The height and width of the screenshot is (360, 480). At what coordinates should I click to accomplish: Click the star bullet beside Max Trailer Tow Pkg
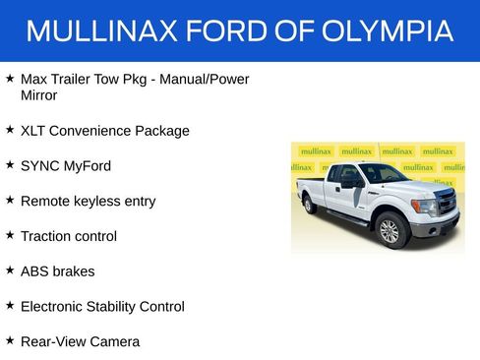pyautogui.click(x=10, y=77)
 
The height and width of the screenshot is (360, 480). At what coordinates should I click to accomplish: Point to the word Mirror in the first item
pyautogui.click(x=38, y=95)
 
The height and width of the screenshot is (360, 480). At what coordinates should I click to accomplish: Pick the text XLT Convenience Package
pyautogui.click(x=104, y=131)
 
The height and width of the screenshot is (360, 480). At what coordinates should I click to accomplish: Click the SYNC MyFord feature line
pyautogui.click(x=65, y=165)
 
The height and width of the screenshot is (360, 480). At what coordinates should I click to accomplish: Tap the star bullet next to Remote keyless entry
pyautogui.click(x=10, y=200)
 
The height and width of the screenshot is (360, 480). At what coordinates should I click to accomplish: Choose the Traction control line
pyautogui.click(x=68, y=236)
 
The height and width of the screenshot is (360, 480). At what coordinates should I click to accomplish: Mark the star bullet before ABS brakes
pyautogui.click(x=10, y=270)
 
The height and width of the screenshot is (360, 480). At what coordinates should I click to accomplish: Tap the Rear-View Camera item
pyautogui.click(x=80, y=341)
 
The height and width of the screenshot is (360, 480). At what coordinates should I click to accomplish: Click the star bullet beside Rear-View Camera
pyautogui.click(x=10, y=340)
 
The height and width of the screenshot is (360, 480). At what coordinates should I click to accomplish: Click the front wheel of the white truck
pyautogui.click(x=390, y=230)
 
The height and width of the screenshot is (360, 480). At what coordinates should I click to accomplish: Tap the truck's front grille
pyautogui.click(x=446, y=205)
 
